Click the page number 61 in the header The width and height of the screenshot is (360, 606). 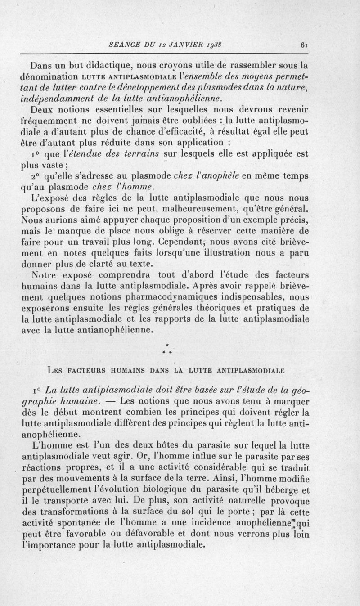[304, 45]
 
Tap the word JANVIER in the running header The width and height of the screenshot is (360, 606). [178, 44]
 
